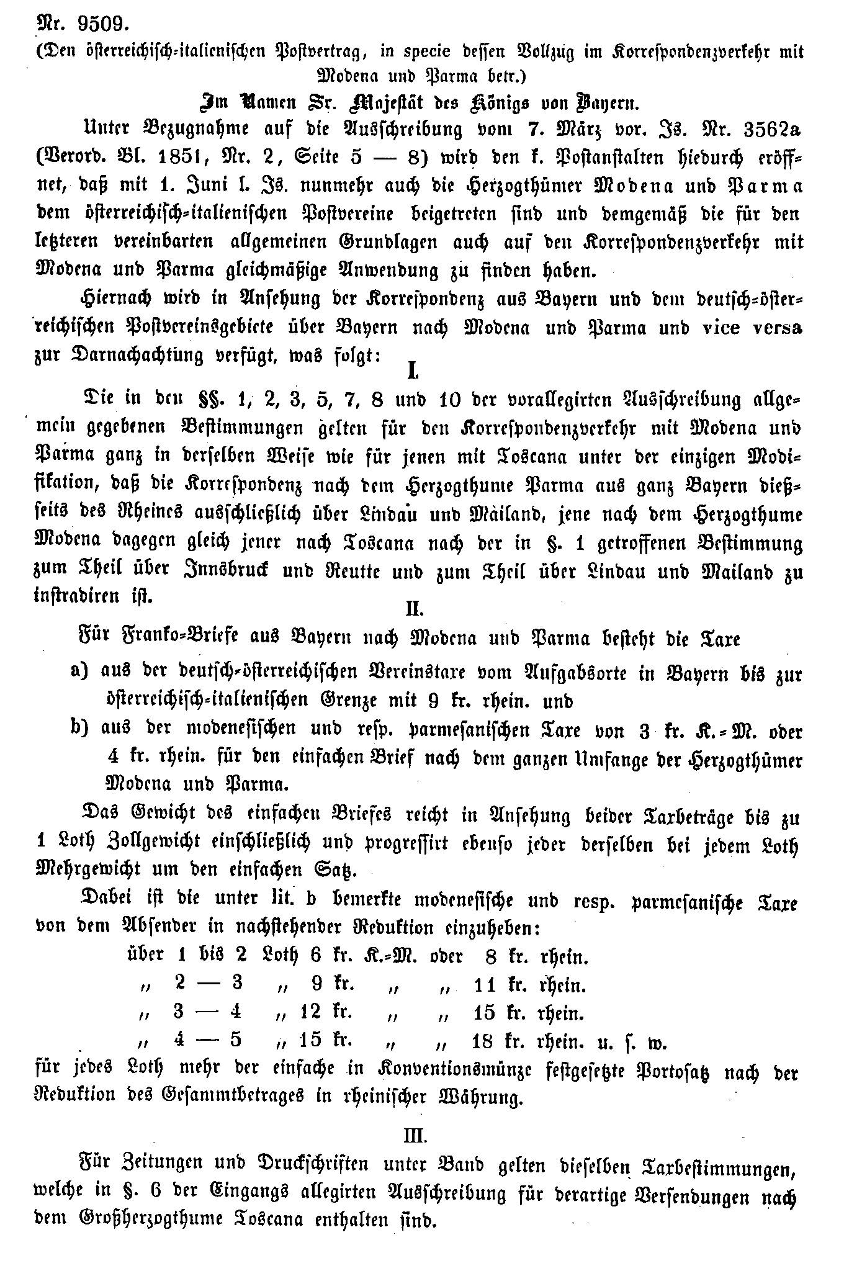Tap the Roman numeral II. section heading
point(414,609)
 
